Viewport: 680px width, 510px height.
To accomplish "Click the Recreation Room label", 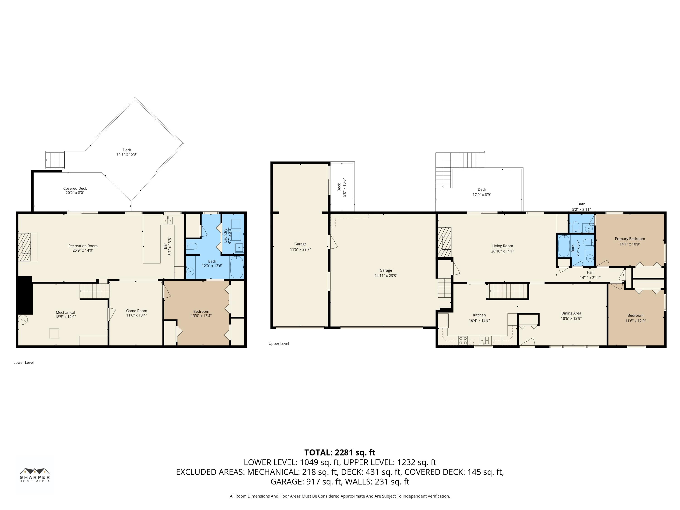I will point(83,246).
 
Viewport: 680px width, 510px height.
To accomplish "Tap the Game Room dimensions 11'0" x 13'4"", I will point(136,315).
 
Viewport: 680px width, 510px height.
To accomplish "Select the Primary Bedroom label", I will point(630,238).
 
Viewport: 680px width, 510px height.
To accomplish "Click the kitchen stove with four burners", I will point(463,340).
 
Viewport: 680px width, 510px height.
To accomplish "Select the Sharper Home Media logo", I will point(35,475).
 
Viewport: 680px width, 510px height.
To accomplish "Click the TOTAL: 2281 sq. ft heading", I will point(340,452).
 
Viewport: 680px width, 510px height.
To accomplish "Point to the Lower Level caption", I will point(24,362).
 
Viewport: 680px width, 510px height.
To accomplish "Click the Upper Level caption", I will point(279,343).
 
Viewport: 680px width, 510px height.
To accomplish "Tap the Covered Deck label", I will point(75,188).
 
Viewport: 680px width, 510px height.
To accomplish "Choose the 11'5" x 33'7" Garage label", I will point(300,247).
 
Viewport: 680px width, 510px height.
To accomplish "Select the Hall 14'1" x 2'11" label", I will point(590,275).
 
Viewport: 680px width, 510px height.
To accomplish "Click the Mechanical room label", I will point(65,312).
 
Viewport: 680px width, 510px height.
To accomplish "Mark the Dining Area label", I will point(571,313).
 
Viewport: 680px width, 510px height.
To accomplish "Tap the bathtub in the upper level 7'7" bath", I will point(564,246).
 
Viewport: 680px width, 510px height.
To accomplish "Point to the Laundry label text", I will point(225,236).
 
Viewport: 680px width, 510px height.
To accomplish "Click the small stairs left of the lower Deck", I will point(55,160).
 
